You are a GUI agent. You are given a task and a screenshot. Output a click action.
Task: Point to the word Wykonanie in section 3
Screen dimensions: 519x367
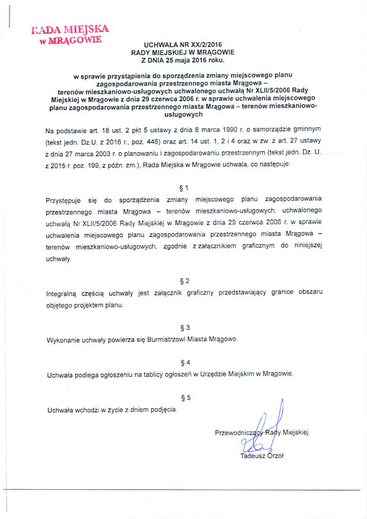point(62,340)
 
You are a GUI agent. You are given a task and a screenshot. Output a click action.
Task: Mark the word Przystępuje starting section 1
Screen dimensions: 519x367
point(65,200)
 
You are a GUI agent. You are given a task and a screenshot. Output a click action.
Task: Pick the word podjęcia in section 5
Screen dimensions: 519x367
point(162,409)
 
